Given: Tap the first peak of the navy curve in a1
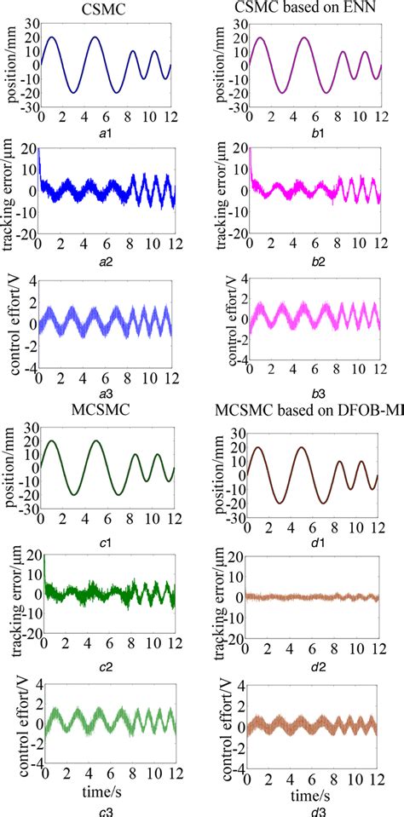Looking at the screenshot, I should coord(51,37).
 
